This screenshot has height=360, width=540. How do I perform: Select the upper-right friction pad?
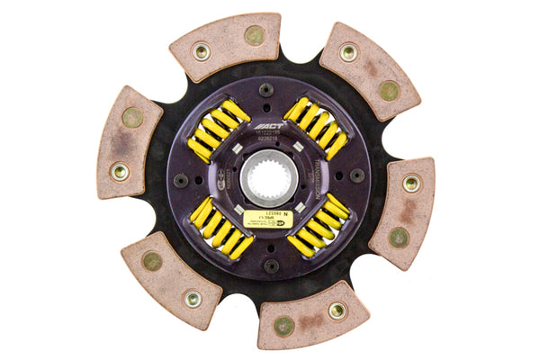[368, 69]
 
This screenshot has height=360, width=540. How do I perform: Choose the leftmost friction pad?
[128, 144]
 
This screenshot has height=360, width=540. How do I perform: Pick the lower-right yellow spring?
[319, 226]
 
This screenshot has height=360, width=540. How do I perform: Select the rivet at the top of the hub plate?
[266, 90]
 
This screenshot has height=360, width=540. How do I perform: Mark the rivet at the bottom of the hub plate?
[272, 265]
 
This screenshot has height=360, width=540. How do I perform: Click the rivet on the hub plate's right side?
[356, 176]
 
